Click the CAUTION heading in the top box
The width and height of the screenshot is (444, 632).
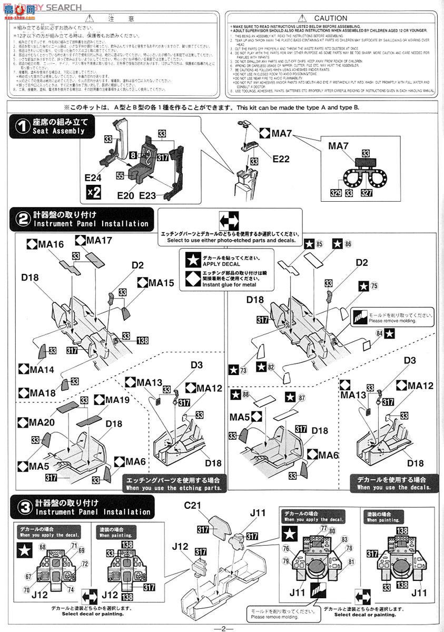330,18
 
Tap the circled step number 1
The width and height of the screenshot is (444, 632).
22,126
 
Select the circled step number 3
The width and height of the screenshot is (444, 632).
22,507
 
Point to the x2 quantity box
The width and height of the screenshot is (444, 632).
93,192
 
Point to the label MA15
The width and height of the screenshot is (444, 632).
160,283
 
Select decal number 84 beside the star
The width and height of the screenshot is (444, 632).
379,332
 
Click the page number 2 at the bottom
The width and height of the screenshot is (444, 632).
223,628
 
